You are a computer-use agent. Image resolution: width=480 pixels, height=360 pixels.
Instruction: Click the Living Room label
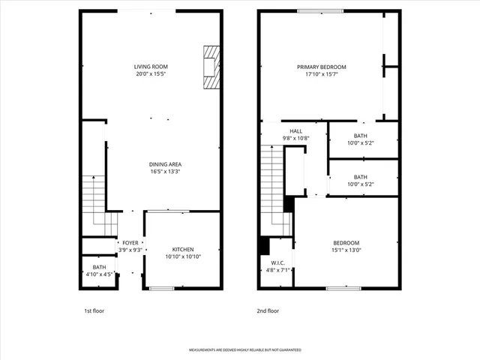(x=151, y=67)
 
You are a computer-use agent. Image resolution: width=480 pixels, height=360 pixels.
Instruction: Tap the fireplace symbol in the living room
(x=212, y=67)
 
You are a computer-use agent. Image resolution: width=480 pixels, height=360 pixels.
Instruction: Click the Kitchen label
(x=183, y=249)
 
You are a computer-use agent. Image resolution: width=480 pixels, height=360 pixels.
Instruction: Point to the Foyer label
(x=130, y=243)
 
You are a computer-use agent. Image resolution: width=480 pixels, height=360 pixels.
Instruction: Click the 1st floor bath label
(x=99, y=267)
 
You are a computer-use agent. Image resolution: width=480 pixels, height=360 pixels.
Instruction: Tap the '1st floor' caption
(x=94, y=310)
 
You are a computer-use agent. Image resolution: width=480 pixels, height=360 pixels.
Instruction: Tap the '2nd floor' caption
(x=268, y=310)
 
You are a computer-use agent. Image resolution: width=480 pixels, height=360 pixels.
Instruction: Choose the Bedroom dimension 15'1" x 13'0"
(x=346, y=250)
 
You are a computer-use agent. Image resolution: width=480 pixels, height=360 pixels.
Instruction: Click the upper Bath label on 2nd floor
(x=360, y=136)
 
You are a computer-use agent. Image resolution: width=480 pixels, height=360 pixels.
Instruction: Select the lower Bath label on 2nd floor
(x=360, y=177)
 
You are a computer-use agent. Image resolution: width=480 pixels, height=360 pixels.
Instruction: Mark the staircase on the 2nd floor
(x=271, y=187)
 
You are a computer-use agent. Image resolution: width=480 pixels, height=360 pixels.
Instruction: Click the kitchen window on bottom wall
(x=161, y=288)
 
